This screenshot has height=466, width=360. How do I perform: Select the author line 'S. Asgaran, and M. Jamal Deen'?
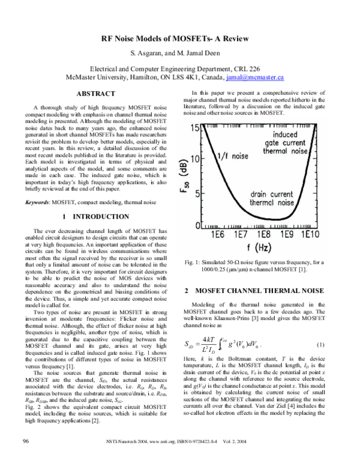[x=180, y=54]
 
